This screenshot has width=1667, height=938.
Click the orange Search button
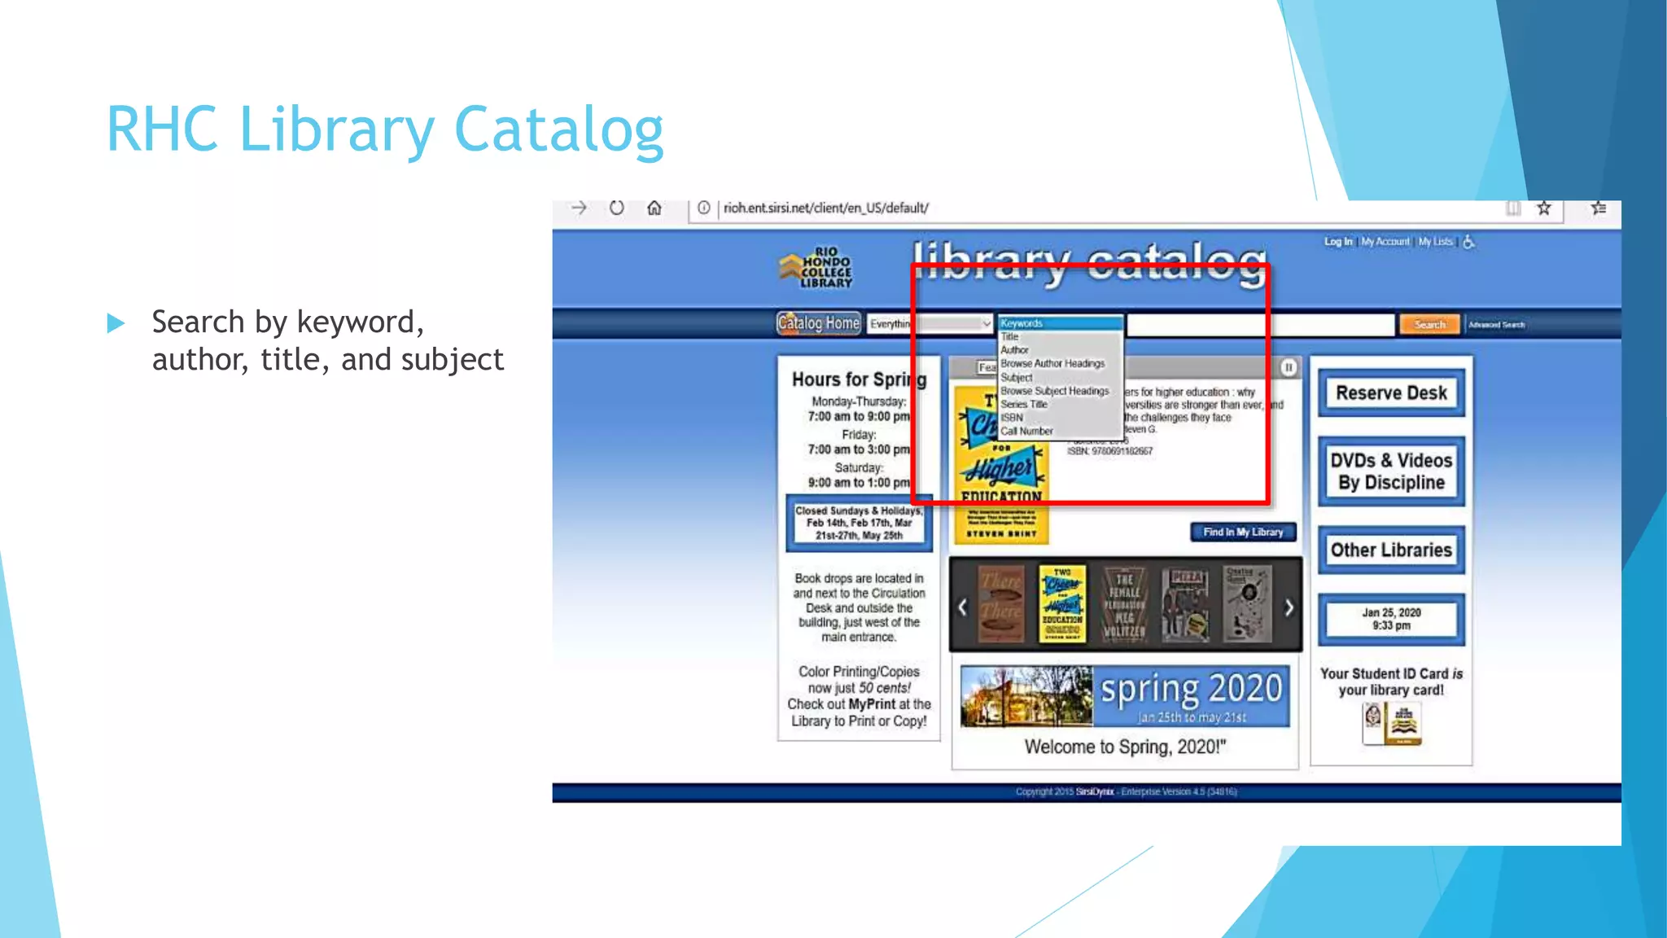click(1429, 324)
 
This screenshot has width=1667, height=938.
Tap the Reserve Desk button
click(1391, 392)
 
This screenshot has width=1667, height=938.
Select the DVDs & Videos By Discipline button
click(1391, 471)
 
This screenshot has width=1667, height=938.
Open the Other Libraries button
click(1391, 550)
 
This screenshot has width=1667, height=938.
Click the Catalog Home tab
click(818, 323)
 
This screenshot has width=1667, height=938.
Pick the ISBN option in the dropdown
click(1012, 417)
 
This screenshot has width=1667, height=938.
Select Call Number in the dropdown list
click(1026, 431)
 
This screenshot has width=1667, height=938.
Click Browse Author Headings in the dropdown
click(1052, 363)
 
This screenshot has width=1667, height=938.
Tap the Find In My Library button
click(1243, 532)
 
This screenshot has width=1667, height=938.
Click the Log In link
click(1337, 242)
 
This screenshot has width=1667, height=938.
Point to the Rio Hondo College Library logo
click(816, 267)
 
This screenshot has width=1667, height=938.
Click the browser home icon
click(654, 208)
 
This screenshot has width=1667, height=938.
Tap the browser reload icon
click(617, 208)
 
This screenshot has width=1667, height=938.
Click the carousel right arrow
click(1289, 607)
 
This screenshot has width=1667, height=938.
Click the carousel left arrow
click(962, 607)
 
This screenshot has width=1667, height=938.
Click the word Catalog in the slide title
click(558, 130)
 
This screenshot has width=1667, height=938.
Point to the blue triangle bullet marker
click(116, 323)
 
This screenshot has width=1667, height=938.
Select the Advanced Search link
click(1496, 324)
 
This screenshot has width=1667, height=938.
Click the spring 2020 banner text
click(1191, 690)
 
